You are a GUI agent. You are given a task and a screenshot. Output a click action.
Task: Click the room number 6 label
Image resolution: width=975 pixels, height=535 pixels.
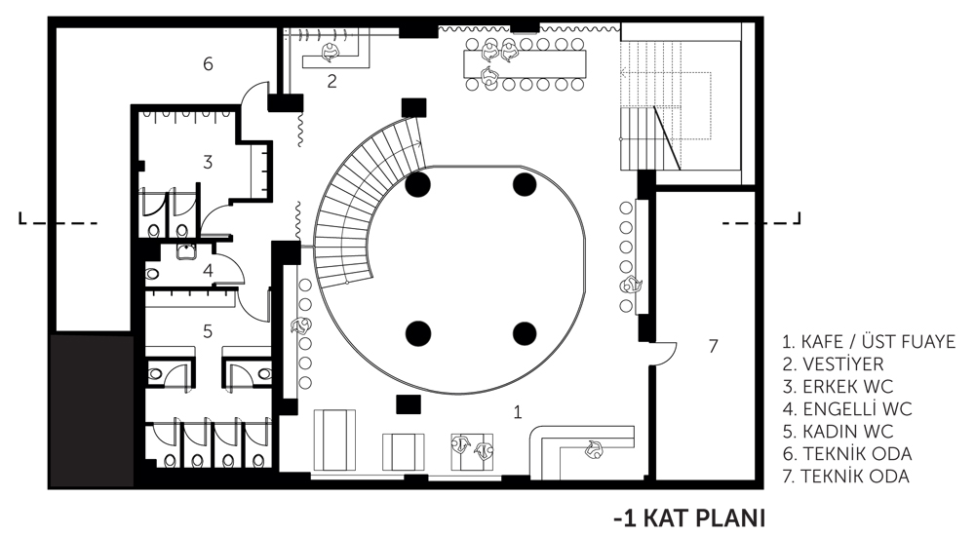click(208, 63)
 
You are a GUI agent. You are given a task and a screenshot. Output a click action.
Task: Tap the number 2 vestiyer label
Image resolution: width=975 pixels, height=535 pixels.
click(331, 81)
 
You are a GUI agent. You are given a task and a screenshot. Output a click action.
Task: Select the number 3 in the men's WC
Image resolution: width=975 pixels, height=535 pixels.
click(208, 162)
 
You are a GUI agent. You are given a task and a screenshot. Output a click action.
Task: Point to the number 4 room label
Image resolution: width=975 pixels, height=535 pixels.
click(208, 270)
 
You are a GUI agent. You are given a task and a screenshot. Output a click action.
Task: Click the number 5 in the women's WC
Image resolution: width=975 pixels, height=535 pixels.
click(208, 331)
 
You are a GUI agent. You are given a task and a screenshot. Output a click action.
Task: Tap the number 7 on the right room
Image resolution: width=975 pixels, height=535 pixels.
click(714, 346)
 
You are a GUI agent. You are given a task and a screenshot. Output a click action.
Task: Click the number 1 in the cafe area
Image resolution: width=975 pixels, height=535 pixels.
click(518, 411)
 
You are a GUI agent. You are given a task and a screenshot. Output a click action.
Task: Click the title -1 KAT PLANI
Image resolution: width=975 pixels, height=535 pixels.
click(689, 517)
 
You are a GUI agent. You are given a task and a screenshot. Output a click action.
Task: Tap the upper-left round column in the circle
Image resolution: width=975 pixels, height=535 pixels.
click(418, 184)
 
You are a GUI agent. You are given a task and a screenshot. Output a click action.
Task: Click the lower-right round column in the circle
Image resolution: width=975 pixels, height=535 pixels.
click(525, 333)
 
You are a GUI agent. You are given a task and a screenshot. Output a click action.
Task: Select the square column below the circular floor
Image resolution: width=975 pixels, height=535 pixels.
click(409, 403)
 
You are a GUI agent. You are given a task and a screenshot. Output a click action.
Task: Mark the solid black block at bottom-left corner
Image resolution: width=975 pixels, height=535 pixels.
click(92, 410)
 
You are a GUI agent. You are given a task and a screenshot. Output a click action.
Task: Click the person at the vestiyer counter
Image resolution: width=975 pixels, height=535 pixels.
click(330, 53)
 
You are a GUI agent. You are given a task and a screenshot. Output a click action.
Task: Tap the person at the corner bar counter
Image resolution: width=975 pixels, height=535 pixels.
click(593, 449)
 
